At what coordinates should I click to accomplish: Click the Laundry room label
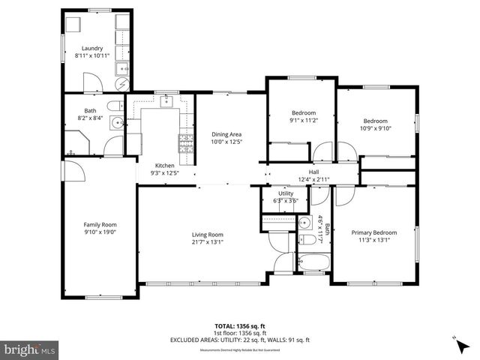point(92,49)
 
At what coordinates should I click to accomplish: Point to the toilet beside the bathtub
point(306,240)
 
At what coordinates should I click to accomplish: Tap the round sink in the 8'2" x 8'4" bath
point(117,122)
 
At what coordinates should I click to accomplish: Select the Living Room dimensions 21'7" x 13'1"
point(206,241)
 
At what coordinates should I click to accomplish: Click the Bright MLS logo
point(30,349)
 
